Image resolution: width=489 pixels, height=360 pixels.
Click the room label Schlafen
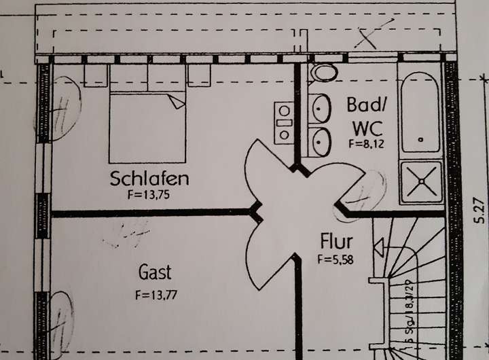pos(149,179)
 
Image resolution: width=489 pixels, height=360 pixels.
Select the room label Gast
pos(156,273)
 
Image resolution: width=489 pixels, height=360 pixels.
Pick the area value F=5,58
pos(335,258)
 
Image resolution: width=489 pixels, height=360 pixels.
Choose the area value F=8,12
pos(367,143)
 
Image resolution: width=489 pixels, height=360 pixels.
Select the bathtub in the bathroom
pos(420,112)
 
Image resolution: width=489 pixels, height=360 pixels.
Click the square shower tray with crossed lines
pos(421,181)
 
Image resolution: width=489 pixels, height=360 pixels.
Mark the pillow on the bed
pos(177,101)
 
